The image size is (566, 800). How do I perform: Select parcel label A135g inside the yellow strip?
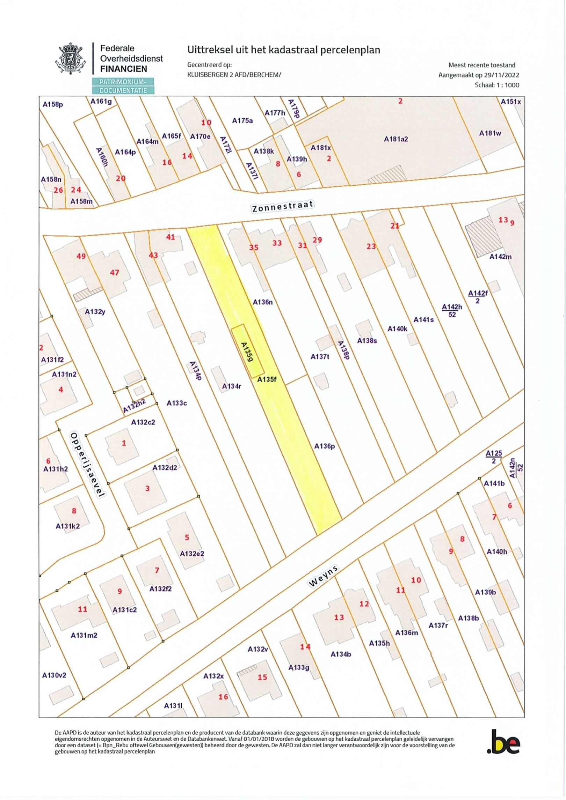[248, 352]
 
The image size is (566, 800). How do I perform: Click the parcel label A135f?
[267, 380]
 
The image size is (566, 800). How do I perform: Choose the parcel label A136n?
[263, 302]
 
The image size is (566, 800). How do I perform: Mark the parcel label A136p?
[325, 446]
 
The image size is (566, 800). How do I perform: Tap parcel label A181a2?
[396, 139]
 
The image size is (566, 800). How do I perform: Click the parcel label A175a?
[242, 121]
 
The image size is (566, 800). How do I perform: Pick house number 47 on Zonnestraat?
[115, 272]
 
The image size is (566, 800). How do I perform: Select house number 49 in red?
[81, 256]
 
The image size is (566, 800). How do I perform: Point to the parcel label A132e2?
[192, 554]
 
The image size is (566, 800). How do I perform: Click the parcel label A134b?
[341, 654]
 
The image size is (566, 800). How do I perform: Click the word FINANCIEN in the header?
[124, 69]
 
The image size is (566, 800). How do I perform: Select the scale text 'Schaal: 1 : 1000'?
[497, 85]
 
